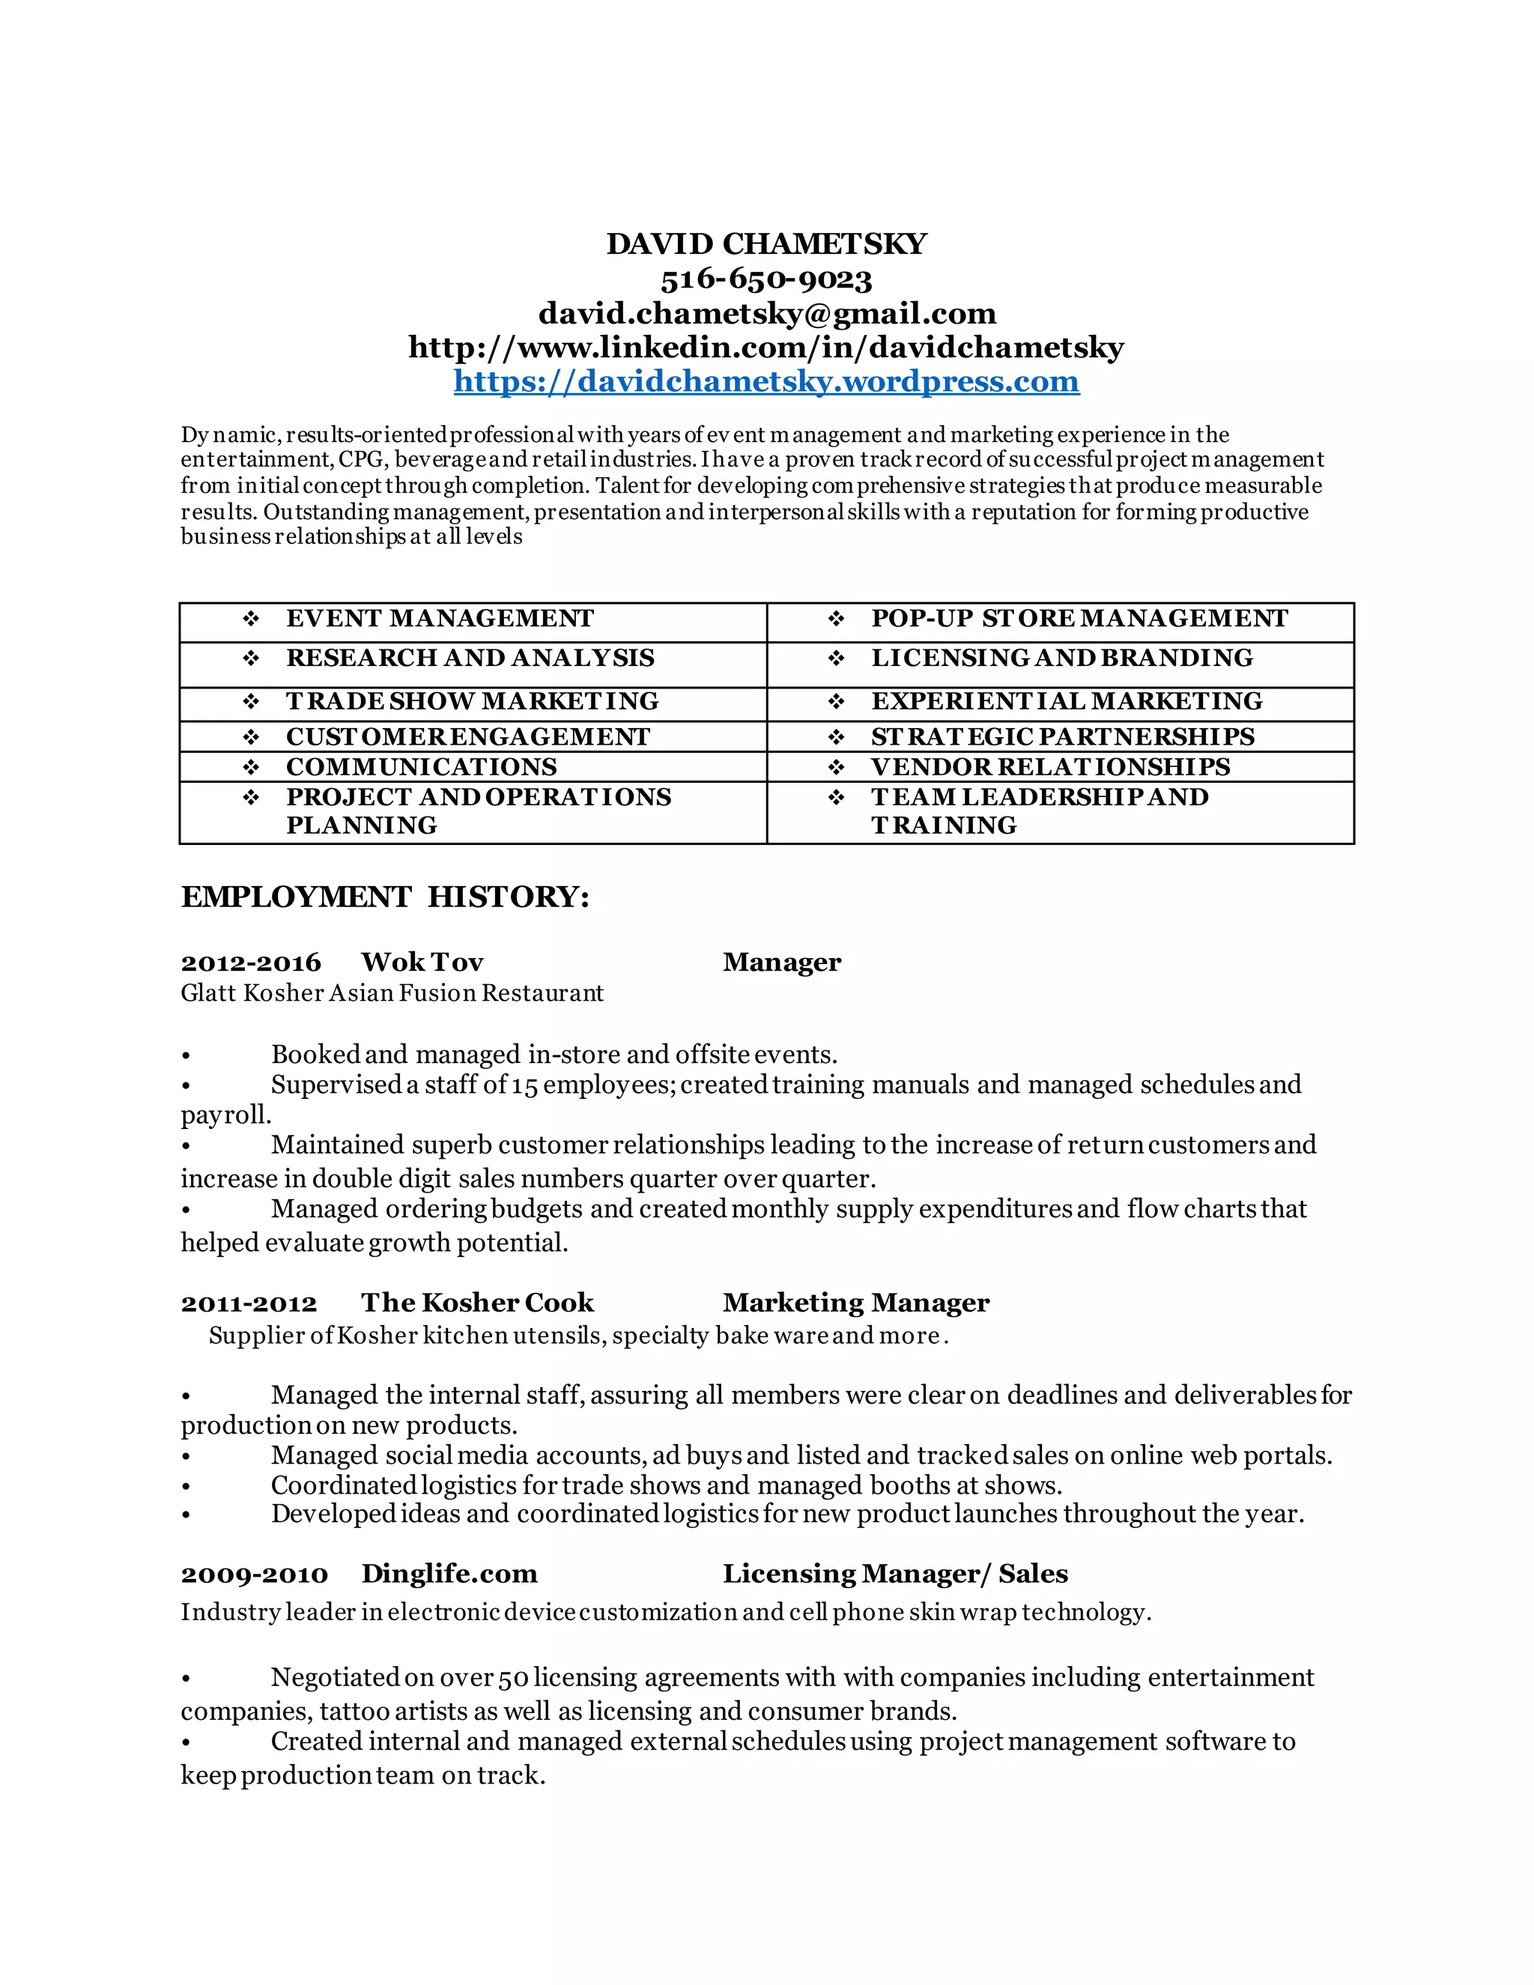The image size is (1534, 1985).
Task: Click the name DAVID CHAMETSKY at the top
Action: [766, 243]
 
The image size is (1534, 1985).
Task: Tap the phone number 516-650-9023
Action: [766, 279]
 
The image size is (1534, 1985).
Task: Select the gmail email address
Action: [766, 314]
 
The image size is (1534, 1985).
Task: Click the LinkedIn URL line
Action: [766, 348]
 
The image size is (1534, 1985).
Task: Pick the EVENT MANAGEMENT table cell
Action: [440, 619]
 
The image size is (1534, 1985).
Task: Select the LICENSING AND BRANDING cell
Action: [1061, 658]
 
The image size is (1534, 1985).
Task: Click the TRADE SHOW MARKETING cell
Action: [473, 702]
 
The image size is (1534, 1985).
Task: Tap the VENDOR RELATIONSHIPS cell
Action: [1049, 767]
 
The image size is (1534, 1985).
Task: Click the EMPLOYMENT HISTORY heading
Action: [385, 897]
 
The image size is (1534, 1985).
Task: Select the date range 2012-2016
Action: [251, 963]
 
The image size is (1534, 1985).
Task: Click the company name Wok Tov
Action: [422, 963]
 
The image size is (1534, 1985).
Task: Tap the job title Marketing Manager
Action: [855, 1303]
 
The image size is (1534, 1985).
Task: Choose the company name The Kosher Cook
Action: [477, 1303]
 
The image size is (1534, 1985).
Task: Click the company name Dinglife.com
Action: [449, 1575]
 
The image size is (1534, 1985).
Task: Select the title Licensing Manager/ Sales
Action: [894, 1575]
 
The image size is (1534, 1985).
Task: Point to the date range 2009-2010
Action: [254, 1575]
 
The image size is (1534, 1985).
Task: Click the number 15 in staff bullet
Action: [524, 1085]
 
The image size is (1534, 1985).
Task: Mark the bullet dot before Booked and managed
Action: [186, 1056]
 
